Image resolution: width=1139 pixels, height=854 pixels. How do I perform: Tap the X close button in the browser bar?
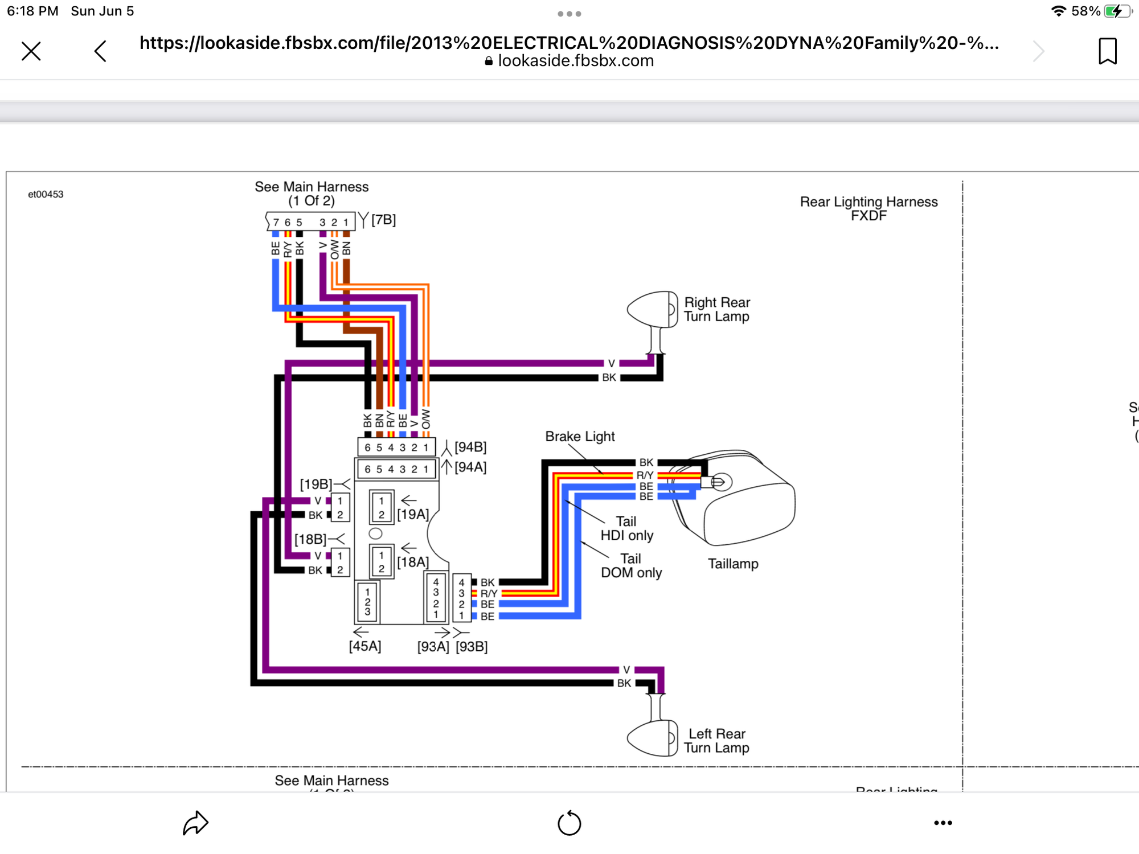[31, 51]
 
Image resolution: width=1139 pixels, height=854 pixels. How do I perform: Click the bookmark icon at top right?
[1107, 51]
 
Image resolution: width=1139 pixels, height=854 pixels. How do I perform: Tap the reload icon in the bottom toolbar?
[569, 823]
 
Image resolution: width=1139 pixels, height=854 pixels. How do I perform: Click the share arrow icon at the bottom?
[195, 823]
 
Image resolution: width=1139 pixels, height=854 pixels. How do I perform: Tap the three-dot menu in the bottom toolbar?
[943, 823]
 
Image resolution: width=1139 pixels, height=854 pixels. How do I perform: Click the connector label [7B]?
[383, 220]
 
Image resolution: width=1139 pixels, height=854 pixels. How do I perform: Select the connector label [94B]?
[470, 447]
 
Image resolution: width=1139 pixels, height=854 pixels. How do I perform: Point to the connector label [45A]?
[365, 646]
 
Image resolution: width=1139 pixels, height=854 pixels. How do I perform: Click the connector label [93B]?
[472, 647]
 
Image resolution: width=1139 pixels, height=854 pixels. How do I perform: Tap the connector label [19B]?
[316, 484]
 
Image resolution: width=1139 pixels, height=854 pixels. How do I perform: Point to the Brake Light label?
[580, 437]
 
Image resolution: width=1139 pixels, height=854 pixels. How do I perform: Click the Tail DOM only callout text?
[631, 566]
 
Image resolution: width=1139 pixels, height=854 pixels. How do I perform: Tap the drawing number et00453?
[46, 194]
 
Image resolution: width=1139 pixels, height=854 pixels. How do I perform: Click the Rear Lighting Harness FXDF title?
[868, 208]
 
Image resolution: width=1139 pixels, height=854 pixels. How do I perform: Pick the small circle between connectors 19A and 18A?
[375, 533]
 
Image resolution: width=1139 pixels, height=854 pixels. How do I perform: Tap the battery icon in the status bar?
[1116, 11]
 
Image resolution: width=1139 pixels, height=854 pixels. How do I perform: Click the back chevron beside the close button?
[100, 51]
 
